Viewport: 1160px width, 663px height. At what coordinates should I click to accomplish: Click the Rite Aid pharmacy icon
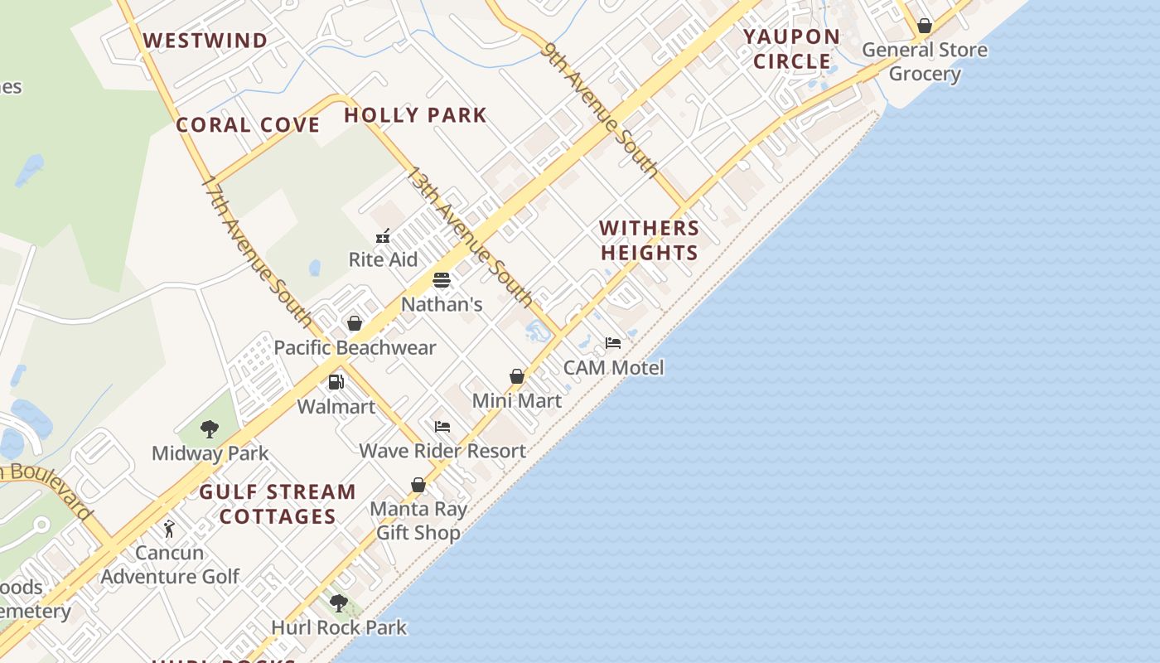pos(383,236)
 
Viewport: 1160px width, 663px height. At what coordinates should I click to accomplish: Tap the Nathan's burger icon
pos(442,280)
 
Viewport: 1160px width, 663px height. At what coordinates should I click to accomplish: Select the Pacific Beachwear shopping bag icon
pos(355,323)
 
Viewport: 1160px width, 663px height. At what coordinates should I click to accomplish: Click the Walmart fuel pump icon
pos(336,382)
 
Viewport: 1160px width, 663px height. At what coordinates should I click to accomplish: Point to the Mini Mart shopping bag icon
pos(517,376)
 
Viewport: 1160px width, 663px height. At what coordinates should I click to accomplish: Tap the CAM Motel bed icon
pos(613,343)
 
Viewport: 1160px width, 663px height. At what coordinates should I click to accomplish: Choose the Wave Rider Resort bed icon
pos(442,427)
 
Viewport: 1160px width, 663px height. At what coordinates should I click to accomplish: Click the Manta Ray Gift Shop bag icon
pos(418,485)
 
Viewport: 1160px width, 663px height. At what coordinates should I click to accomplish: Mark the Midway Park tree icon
pos(210,429)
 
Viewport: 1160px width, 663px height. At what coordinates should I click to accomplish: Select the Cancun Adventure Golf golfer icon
pos(169,529)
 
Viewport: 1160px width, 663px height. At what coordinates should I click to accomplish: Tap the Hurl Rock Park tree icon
pos(338,603)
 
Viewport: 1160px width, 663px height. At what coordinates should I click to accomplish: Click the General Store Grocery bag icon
pos(925,26)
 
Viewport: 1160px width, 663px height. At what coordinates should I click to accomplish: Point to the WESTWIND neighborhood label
pos(205,41)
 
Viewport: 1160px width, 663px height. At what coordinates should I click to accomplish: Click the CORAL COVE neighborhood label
pos(248,125)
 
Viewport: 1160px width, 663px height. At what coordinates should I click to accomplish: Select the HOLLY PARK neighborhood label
pos(415,115)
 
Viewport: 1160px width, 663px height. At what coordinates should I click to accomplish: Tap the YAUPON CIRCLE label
pos(791,49)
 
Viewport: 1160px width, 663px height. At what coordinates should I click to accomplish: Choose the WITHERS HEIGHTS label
pos(650,240)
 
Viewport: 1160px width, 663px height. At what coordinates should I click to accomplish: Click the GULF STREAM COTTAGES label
pos(278,504)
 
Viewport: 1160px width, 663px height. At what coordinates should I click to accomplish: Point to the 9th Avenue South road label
pos(600,109)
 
